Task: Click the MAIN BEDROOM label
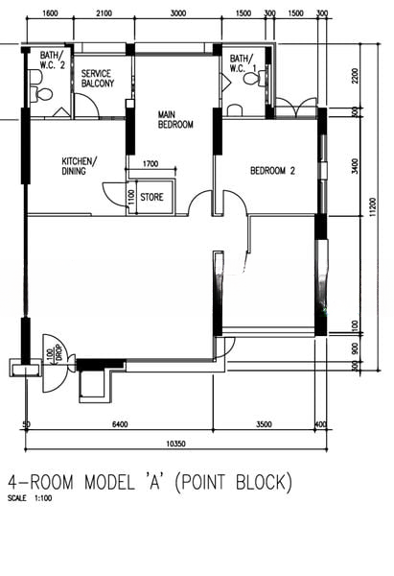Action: (x=175, y=119)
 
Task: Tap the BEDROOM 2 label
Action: (x=271, y=172)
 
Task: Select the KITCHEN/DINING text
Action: (x=80, y=166)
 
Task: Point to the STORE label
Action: (x=151, y=198)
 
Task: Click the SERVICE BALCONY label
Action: (x=98, y=79)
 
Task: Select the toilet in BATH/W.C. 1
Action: (x=252, y=80)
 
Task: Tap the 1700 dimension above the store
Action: (x=150, y=164)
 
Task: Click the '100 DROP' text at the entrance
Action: (x=53, y=354)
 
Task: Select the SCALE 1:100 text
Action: (x=29, y=498)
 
